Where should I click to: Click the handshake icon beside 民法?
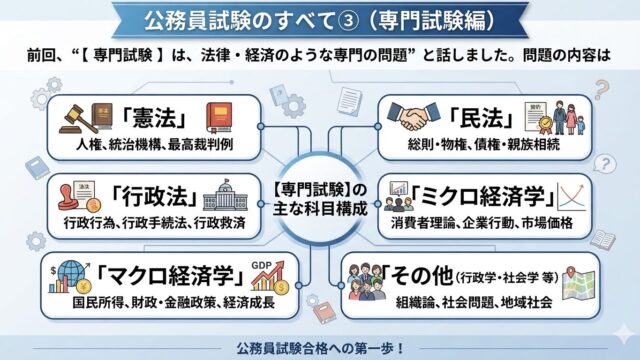tap(413, 116)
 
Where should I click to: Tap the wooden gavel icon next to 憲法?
tap(78, 119)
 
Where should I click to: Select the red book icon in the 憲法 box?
tap(219, 118)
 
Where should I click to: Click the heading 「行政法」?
tap(154, 197)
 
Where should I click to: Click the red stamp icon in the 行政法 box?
tap(67, 197)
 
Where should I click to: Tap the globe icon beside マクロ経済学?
tap(73, 272)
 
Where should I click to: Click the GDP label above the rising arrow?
tap(261, 266)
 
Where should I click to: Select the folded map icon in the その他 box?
tap(579, 284)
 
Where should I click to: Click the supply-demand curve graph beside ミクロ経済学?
tap(571, 197)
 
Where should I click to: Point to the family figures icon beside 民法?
tap(569, 118)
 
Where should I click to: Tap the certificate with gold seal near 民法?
tap(539, 118)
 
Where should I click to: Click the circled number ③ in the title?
tap(348, 21)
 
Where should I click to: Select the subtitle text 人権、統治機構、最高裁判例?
tap(154, 144)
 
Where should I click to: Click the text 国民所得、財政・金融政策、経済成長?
tap(174, 302)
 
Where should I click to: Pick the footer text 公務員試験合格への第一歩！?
tap(320, 348)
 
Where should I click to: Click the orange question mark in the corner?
tap(602, 89)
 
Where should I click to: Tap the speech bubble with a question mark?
tap(605, 164)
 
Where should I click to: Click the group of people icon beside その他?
tap(366, 282)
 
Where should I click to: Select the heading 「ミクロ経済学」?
tap(483, 196)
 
